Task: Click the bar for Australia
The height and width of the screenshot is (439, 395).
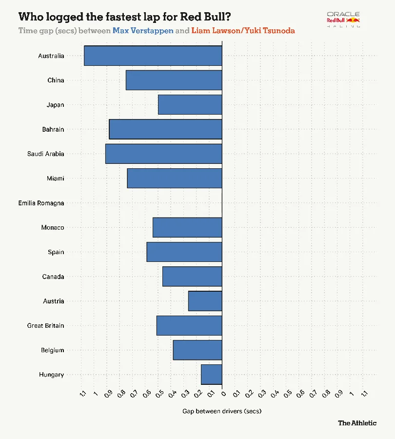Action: click(x=153, y=56)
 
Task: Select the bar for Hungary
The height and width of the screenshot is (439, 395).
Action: click(x=211, y=375)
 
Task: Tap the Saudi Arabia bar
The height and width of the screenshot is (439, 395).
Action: click(x=163, y=154)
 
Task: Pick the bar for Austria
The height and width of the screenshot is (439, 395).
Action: click(x=205, y=301)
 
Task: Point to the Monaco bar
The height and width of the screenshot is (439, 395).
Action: click(x=187, y=227)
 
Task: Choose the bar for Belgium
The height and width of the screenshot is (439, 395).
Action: click(x=197, y=350)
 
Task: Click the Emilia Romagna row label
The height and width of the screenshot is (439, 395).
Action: click(x=41, y=203)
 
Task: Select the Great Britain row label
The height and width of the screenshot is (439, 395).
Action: click(x=45, y=325)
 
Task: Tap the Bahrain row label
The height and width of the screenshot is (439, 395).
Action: click(x=53, y=129)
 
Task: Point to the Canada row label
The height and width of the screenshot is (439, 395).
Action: click(x=53, y=277)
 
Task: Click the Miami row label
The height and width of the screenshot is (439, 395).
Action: click(x=55, y=178)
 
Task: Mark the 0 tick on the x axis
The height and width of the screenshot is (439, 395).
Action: click(x=223, y=393)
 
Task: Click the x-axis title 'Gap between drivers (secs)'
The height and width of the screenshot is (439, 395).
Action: click(x=222, y=411)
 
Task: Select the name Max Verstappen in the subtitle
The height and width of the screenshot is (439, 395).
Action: click(x=143, y=31)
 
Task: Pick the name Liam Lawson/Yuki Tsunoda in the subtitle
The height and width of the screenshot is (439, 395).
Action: click(x=243, y=31)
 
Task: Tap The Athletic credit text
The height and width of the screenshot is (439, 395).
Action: click(x=357, y=423)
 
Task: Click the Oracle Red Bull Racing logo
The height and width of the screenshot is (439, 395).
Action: click(x=343, y=20)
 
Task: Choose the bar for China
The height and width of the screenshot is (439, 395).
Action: click(x=174, y=80)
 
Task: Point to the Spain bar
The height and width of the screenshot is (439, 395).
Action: click(x=184, y=252)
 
